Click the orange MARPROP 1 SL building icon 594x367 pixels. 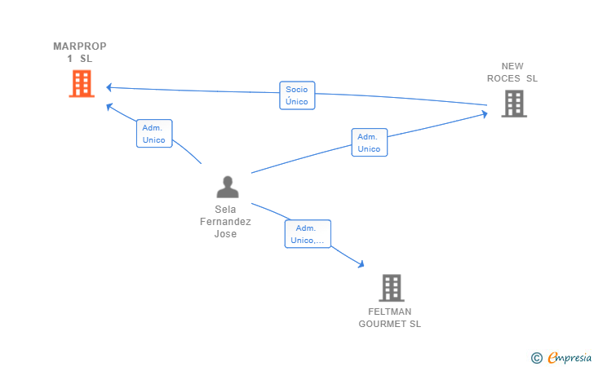(x=82, y=84)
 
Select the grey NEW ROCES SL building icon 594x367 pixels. (x=514, y=104)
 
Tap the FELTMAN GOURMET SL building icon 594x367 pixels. (x=392, y=288)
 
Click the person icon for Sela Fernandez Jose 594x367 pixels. (x=228, y=187)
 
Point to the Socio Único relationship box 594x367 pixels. (x=297, y=95)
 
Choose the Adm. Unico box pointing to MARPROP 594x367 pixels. (x=154, y=133)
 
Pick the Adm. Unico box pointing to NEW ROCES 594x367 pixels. (x=370, y=143)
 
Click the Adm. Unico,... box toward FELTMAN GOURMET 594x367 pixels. (x=308, y=234)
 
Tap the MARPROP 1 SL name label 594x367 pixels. (x=80, y=52)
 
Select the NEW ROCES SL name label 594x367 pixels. (x=512, y=73)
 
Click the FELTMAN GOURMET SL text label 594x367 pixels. (x=390, y=318)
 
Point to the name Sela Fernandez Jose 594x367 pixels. (x=225, y=222)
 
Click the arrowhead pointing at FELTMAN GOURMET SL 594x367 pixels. (x=361, y=264)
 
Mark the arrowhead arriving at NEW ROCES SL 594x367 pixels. (x=485, y=114)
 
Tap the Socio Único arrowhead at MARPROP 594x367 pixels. (x=109, y=87)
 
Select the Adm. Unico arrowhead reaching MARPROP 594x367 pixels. (x=109, y=107)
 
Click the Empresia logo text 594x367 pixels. (x=570, y=357)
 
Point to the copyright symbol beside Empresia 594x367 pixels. (x=537, y=358)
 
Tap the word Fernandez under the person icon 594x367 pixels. (x=225, y=222)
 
